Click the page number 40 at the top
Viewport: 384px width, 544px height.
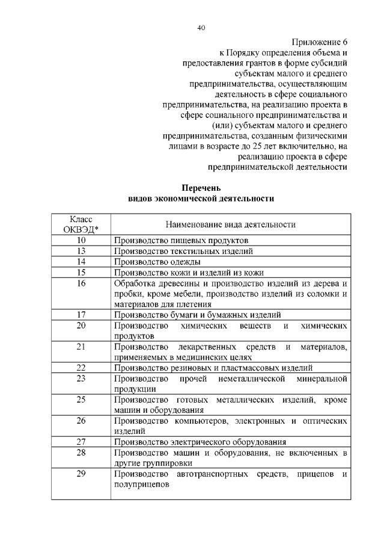click(x=201, y=28)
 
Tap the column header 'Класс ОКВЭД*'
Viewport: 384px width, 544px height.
click(x=81, y=224)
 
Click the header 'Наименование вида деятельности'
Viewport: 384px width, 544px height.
click(x=231, y=224)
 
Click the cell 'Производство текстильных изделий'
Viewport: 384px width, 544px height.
click(x=183, y=251)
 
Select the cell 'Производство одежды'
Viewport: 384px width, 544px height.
click(x=157, y=262)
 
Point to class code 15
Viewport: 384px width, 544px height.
click(x=81, y=272)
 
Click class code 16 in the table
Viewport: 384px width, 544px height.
click(x=81, y=283)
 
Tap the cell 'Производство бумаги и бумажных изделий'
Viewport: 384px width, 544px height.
click(x=197, y=314)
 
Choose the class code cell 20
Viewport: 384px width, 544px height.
click(x=81, y=325)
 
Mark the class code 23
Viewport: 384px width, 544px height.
click(x=81, y=378)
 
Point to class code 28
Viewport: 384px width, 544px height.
click(x=81, y=452)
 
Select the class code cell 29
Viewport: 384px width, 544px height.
click(x=81, y=474)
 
